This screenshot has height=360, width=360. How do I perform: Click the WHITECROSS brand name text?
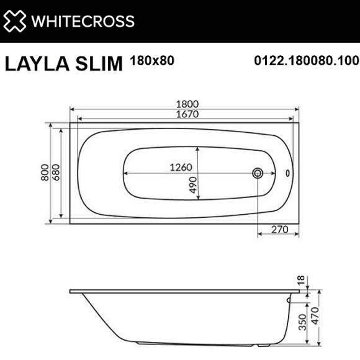pos(83,20)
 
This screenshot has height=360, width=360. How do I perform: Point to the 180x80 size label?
pos(152,61)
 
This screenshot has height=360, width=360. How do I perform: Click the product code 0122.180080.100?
pos(307,61)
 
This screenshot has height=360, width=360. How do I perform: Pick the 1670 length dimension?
pos(185,115)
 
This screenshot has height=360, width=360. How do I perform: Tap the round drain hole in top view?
pos(258,173)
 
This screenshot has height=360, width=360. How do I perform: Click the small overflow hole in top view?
pos(287,173)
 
